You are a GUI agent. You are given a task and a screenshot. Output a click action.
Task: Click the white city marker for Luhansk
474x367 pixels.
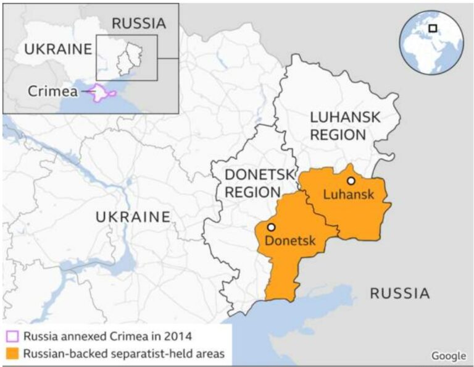(351, 181)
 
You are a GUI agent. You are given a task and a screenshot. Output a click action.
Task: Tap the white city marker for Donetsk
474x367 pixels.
(271, 227)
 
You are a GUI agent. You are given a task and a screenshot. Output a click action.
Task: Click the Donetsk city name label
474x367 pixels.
(289, 240)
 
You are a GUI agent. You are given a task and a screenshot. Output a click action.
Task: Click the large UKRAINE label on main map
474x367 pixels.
(133, 217)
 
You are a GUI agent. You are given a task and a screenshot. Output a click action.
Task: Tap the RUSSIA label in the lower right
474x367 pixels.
(399, 293)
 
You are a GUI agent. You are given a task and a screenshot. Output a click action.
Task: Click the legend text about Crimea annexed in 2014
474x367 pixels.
(107, 337)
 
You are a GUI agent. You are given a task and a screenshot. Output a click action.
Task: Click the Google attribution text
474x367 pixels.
(448, 355)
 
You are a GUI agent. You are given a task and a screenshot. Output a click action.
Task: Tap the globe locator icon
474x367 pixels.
(433, 41)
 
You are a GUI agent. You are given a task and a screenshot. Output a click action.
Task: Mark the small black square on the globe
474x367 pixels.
(433, 28)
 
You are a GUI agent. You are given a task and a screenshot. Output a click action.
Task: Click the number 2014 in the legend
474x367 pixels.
(178, 337)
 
